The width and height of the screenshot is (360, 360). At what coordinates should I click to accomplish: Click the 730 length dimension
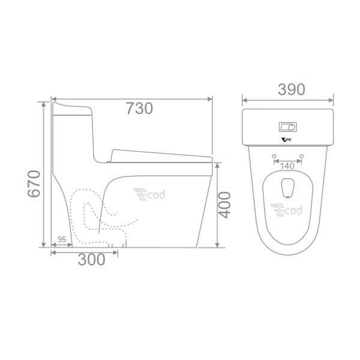[139, 109]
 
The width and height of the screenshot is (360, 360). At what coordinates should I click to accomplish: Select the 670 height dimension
[34, 184]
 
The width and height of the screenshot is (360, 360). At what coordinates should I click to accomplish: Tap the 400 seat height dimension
[224, 205]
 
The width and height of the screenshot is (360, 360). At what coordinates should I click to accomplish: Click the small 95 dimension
[62, 239]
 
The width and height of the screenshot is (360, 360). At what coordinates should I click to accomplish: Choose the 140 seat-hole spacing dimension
[287, 165]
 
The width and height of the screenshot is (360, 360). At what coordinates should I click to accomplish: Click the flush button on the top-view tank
[288, 127]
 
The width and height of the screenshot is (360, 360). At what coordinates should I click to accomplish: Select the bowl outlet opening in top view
[288, 187]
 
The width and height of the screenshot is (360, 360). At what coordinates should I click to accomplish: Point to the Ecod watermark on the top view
[287, 210]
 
